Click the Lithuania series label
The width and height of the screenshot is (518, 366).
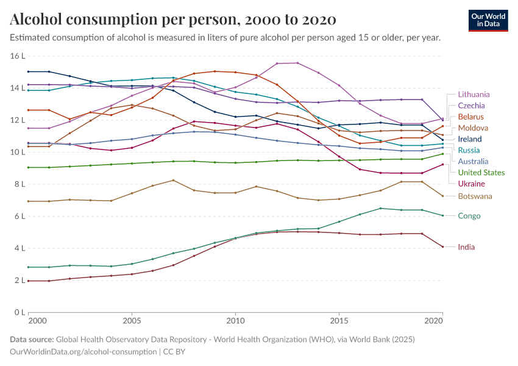[474, 95]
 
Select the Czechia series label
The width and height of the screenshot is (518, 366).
[472, 106]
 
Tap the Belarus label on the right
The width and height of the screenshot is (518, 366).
[471, 117]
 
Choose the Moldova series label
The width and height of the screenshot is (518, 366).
[473, 128]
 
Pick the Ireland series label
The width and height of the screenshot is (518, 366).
[470, 139]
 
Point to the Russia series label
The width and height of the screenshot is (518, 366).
[469, 150]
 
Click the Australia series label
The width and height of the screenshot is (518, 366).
[473, 162]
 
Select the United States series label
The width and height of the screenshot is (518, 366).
[481, 173]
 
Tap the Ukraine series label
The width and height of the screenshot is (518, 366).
[472, 184]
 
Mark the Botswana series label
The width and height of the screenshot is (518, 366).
[475, 196]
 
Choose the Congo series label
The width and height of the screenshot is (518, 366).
[469, 216]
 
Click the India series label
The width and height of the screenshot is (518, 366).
[466, 247]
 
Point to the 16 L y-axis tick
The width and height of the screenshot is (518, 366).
[18, 56]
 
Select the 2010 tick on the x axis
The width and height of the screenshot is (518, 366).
[235, 320]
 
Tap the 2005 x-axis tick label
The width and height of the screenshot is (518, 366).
[132, 320]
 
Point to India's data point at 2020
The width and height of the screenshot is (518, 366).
[442, 246]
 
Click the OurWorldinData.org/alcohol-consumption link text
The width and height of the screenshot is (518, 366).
[83, 352]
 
